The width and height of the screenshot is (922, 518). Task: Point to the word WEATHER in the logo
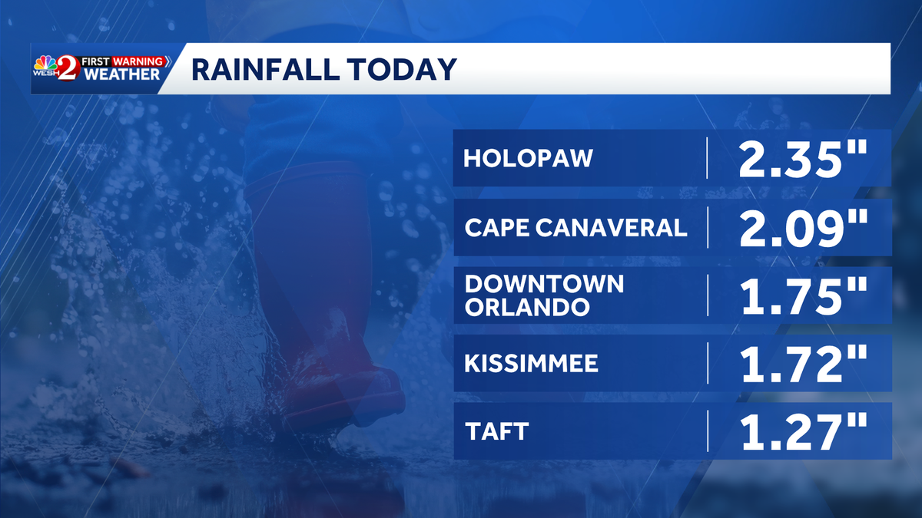(x=123, y=74)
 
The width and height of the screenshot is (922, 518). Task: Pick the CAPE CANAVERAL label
(x=575, y=227)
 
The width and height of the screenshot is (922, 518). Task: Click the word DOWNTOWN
(x=545, y=284)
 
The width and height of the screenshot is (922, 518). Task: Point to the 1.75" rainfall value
(x=803, y=295)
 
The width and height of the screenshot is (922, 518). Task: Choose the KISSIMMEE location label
(x=531, y=363)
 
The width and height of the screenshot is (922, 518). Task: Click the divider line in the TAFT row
(x=707, y=431)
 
